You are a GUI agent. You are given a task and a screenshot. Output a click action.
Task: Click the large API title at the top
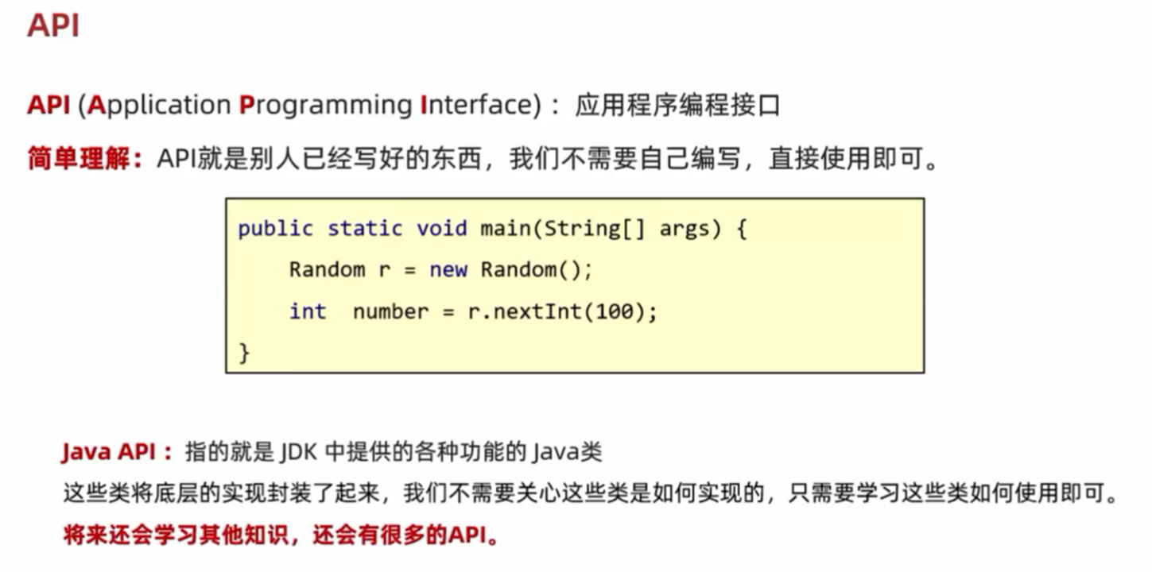[53, 25]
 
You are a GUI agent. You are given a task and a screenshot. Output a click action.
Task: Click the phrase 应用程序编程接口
[677, 106]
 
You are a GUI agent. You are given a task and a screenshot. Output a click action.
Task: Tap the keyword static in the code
[365, 229]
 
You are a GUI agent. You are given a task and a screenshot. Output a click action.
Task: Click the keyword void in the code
[441, 229]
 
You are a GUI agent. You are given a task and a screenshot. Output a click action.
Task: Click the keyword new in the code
[448, 270]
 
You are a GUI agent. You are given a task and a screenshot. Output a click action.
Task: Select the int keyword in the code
[308, 311]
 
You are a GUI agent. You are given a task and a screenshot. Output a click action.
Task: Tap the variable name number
[391, 311]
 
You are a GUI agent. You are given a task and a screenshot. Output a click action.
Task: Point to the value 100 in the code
[614, 311]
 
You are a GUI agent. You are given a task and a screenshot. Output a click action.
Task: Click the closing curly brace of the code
[244, 352]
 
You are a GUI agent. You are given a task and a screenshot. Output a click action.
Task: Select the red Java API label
[116, 452]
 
